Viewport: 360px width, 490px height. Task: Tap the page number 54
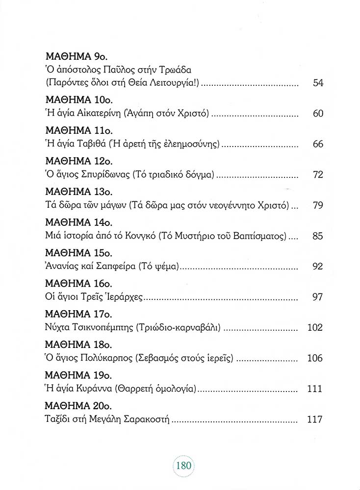pos(318,84)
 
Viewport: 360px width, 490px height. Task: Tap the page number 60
pos(318,114)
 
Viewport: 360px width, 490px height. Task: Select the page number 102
pos(315,328)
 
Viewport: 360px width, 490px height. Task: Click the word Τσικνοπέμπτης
pos(103,328)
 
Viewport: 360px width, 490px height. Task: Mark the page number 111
pos(315,389)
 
